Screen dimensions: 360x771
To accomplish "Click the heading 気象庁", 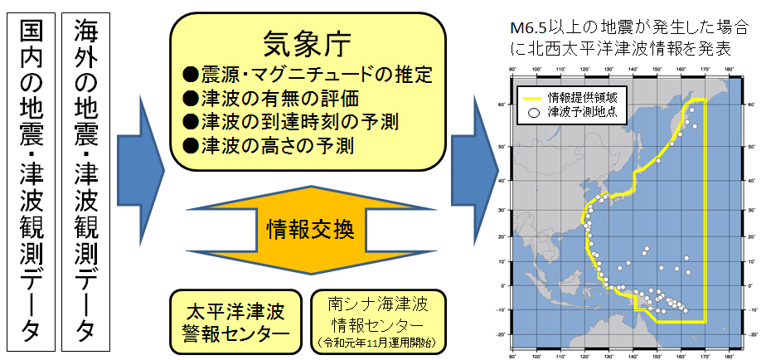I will [x=303, y=42].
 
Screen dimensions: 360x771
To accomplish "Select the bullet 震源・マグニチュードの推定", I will [x=308, y=75].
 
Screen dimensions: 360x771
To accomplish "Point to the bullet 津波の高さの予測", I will [x=269, y=146].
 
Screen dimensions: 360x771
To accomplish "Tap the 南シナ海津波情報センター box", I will [x=378, y=310].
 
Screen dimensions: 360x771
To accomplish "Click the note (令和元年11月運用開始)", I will [x=378, y=342].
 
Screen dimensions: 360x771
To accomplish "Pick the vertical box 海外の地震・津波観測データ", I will [x=85, y=178].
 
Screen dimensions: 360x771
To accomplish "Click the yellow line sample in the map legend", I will [x=533, y=97].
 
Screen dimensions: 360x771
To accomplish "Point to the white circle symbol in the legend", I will [x=535, y=111].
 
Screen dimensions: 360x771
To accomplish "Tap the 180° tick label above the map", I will [x=728, y=69].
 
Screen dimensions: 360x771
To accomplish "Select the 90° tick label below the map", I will [x=513, y=355].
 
